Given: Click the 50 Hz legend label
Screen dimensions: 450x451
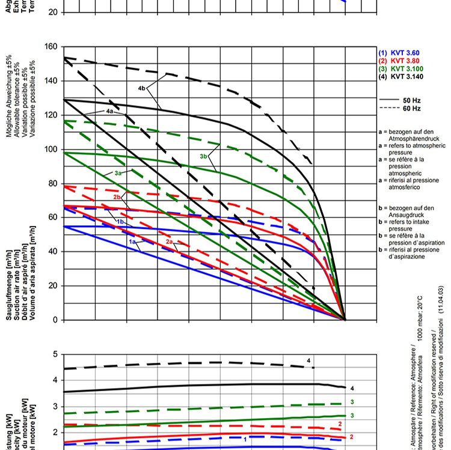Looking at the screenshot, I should [x=411, y=99].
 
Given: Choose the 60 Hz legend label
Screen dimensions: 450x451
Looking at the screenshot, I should [x=411, y=108].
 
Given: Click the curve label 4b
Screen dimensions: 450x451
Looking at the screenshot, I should [x=142, y=88].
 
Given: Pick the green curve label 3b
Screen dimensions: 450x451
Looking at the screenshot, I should [x=203, y=156].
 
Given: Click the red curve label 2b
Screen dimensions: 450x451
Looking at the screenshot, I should [x=118, y=197].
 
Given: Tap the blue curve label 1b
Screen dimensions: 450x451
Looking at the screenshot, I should [x=120, y=222].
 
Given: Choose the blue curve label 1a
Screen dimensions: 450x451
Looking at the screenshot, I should [x=133, y=241].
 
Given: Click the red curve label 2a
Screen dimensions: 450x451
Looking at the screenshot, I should [x=170, y=241].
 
